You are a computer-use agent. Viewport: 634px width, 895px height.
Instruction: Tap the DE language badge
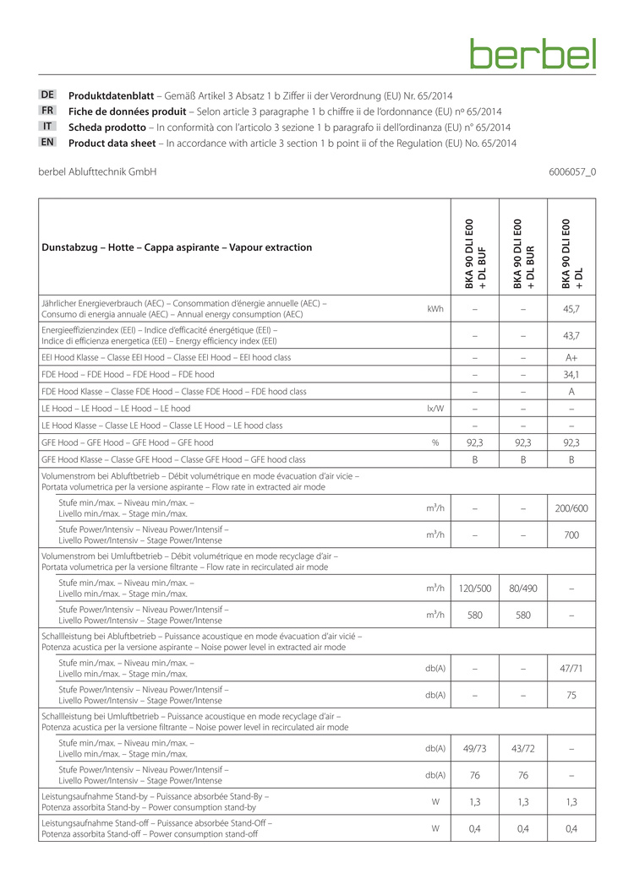[48, 95]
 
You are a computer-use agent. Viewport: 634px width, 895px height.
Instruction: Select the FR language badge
[48, 111]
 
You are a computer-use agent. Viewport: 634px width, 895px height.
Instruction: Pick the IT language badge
[48, 127]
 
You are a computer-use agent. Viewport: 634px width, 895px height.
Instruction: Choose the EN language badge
[48, 143]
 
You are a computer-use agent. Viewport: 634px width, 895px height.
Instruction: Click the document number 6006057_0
[572, 172]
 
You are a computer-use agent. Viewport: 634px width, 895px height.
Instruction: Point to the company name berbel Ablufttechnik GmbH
[97, 172]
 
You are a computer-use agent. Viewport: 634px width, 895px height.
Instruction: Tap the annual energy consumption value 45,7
[571, 309]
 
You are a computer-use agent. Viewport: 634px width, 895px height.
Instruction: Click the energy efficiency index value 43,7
[571, 336]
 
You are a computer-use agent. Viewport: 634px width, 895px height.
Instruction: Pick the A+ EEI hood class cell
[571, 358]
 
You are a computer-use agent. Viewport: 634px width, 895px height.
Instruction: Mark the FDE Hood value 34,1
[571, 375]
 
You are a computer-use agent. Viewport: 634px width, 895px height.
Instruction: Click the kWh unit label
[435, 309]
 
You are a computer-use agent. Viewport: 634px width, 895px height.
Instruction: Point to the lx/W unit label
[435, 408]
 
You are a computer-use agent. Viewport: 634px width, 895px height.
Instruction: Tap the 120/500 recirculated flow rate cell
[474, 588]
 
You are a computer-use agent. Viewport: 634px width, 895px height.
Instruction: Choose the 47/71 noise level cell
[571, 668]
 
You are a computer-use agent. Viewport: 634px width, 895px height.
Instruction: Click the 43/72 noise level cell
[523, 748]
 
